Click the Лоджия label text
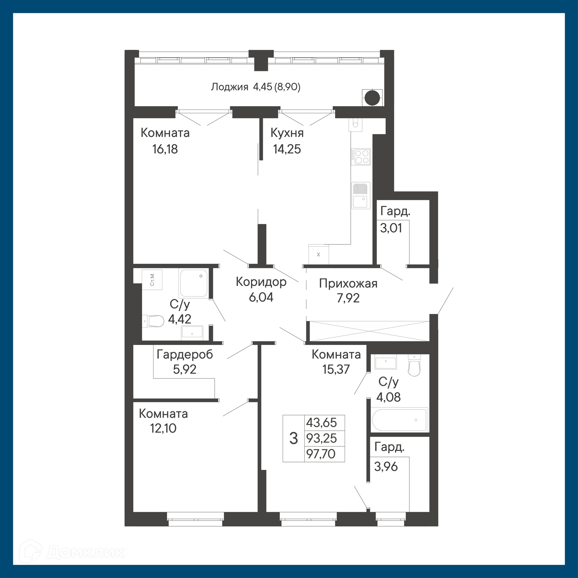(229, 87)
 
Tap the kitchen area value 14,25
(287, 149)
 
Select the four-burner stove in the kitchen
(361, 157)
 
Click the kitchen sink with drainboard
(361, 195)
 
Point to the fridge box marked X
(319, 254)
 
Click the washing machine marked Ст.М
(152, 280)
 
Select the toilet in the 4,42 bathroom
(153, 321)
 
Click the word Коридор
(261, 282)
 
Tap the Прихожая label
(348, 284)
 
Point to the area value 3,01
(391, 228)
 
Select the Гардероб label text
(185, 355)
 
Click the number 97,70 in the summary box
(321, 454)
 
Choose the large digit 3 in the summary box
(294, 438)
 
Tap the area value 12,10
(163, 428)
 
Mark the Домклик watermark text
(86, 552)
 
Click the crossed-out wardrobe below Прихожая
(369, 331)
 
